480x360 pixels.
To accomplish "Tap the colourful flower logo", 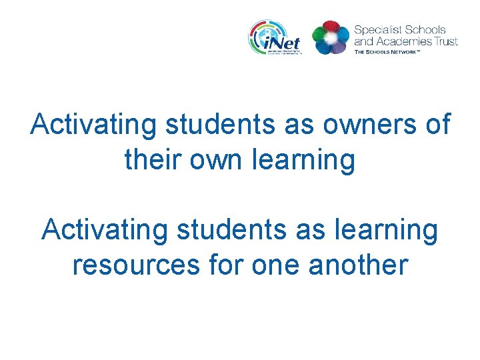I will click(330, 37).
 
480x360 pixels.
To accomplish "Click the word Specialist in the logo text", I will click(377, 30).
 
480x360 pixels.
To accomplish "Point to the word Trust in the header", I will click(444, 41).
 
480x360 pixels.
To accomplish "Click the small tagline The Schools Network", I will click(396, 51).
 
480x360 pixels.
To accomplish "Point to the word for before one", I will click(227, 265).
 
